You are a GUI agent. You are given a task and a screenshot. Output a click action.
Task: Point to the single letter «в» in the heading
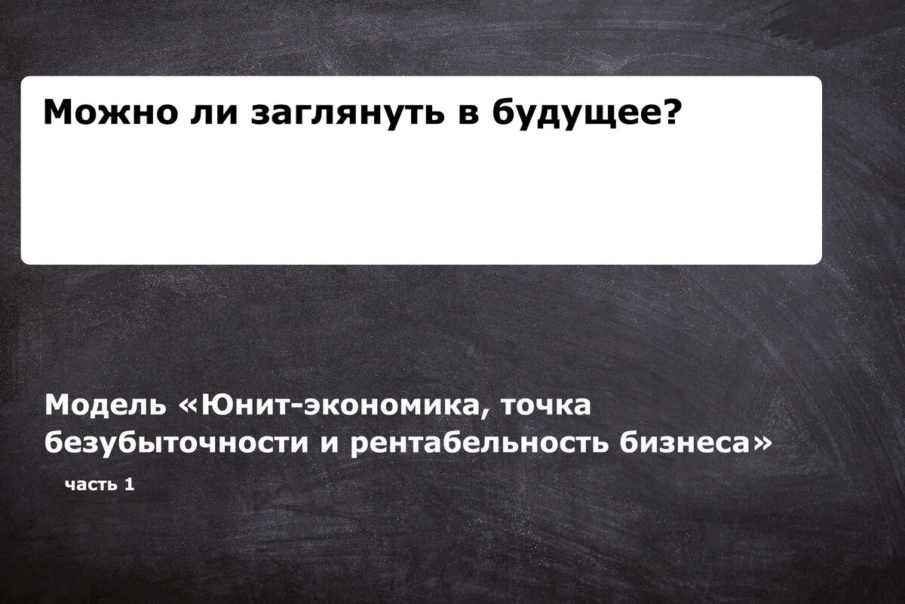tap(468, 116)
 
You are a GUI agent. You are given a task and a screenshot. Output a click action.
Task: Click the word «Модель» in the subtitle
tap(105, 405)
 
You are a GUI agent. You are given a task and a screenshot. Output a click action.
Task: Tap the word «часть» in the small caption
tap(91, 485)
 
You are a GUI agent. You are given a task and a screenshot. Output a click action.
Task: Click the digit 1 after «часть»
tap(129, 484)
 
